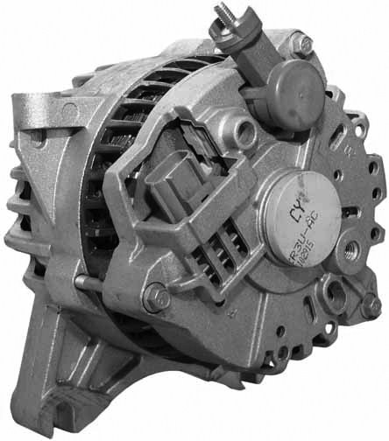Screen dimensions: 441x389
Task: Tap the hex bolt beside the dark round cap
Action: [302, 43]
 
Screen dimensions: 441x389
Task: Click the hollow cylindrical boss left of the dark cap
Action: [239, 132]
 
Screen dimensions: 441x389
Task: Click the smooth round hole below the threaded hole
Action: [333, 289]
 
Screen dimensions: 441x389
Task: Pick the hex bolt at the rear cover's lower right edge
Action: [371, 305]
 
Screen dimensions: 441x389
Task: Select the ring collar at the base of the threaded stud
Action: [226, 37]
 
